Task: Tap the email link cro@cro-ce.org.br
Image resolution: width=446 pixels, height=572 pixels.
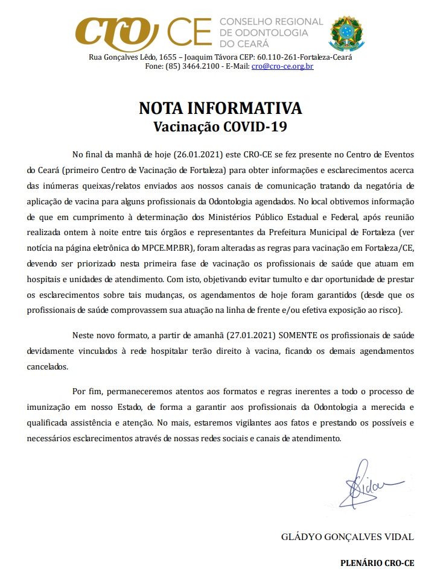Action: pyautogui.click(x=282, y=66)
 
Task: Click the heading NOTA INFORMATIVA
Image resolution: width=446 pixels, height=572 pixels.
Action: pyautogui.click(x=220, y=108)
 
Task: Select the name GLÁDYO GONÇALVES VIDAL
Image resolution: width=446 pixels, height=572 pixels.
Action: pyautogui.click(x=348, y=536)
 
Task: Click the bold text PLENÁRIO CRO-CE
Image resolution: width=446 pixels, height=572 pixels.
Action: pyautogui.click(x=377, y=562)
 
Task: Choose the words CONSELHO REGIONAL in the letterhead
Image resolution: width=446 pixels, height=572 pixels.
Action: pyautogui.click(x=272, y=22)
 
